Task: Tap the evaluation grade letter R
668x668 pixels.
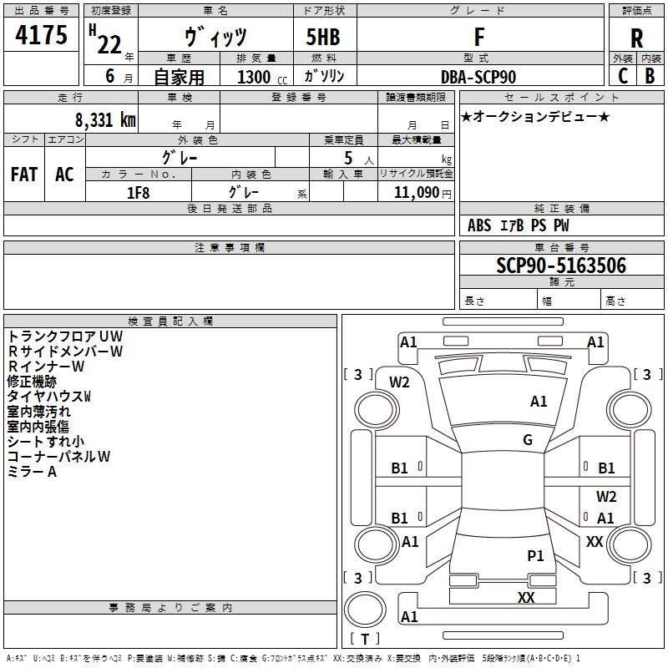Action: pyautogui.click(x=636, y=38)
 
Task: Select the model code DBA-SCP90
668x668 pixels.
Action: pyautogui.click(x=478, y=77)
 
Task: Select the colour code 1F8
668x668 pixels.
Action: pyautogui.click(x=138, y=192)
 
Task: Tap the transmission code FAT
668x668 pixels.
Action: pyautogui.click(x=24, y=174)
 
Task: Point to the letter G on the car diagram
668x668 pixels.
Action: pyautogui.click(x=528, y=440)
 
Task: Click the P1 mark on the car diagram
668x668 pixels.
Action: pyautogui.click(x=535, y=555)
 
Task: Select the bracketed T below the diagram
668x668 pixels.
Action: pyautogui.click(x=364, y=639)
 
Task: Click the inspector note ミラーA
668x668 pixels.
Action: pyautogui.click(x=32, y=472)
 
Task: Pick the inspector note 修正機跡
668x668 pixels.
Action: pyautogui.click(x=32, y=382)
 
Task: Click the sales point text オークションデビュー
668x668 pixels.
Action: pyautogui.click(x=536, y=116)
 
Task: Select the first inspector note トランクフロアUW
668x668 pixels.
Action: pyautogui.click(x=58, y=337)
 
